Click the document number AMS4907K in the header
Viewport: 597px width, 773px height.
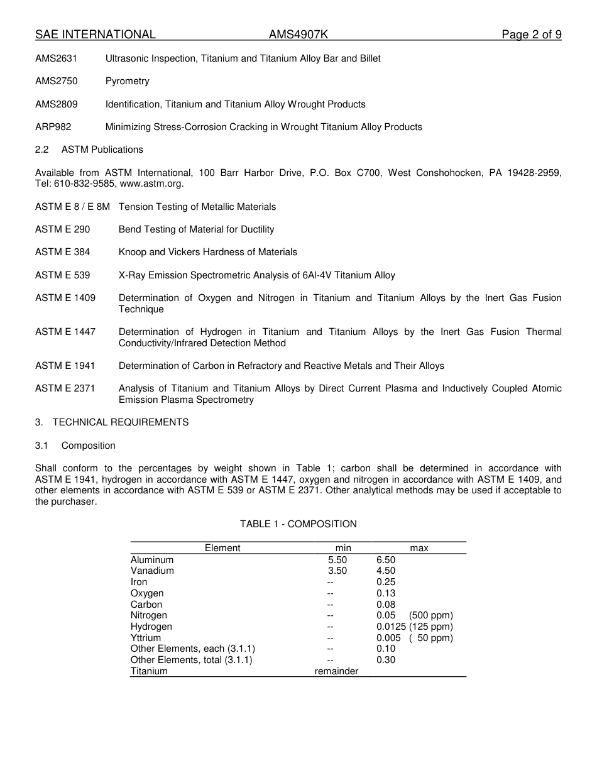coord(298,35)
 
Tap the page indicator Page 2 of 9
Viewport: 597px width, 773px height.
coord(531,35)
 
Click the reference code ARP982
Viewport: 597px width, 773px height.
coord(53,127)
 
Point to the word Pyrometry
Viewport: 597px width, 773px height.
coord(128,81)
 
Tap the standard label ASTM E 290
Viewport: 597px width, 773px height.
coord(62,229)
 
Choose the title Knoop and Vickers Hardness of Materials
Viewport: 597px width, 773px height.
coord(208,252)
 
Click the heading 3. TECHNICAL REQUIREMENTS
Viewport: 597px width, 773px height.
coord(112,422)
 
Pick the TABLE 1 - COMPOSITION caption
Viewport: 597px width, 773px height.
coord(298,524)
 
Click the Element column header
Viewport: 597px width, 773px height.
coord(222,548)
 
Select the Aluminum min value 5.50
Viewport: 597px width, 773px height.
coord(337,560)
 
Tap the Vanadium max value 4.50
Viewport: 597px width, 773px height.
coord(386,571)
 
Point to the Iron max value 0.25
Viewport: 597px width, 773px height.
coord(386,582)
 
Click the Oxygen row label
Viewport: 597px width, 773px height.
coord(147,593)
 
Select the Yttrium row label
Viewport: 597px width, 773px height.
coord(146,638)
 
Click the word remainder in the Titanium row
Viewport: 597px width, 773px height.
coord(336,671)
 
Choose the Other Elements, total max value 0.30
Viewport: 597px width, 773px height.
coord(386,660)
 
